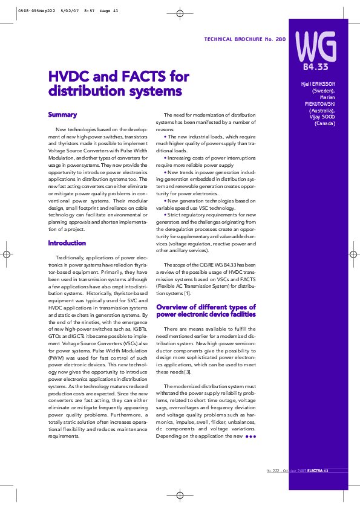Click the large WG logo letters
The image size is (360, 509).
coord(315,44)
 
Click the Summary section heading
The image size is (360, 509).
coord(62,114)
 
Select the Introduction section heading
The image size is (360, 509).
coord(67,243)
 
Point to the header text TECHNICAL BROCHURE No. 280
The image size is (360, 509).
coord(245,39)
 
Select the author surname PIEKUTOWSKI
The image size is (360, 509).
coord(320,103)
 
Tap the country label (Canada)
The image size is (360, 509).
coord(325,123)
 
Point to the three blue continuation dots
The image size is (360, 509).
coord(251,436)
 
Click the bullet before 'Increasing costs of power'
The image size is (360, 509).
coord(165,157)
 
